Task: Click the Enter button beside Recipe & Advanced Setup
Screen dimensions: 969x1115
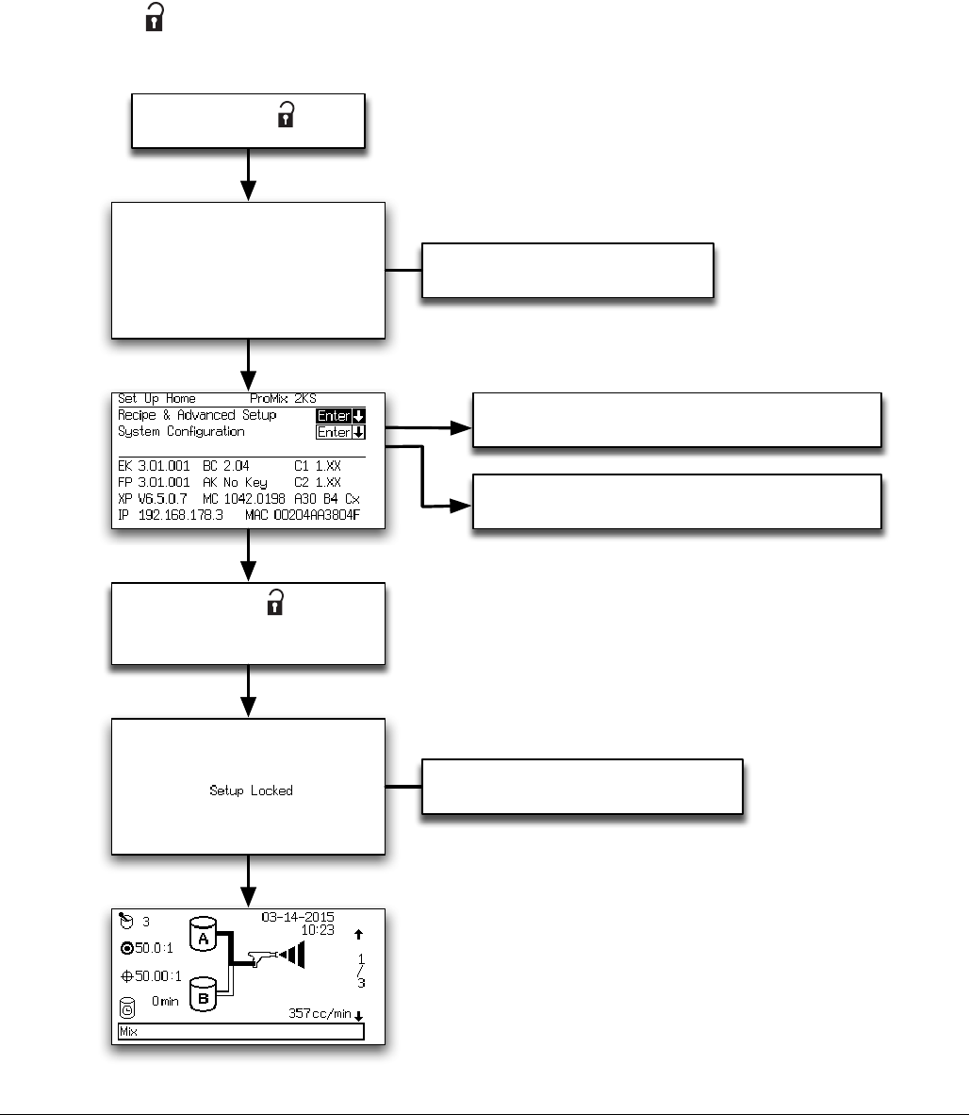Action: click(x=340, y=416)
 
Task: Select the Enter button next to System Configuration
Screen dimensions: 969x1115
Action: click(x=340, y=433)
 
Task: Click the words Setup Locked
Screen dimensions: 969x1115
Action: click(x=251, y=790)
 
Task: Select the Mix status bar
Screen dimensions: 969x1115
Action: click(x=240, y=1032)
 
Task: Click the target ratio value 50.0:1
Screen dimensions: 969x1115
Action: click(x=148, y=948)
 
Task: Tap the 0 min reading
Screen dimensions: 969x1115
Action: click(x=165, y=1001)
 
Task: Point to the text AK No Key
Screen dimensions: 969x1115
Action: click(x=235, y=482)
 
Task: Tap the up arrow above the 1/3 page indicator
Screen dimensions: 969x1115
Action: click(x=358, y=935)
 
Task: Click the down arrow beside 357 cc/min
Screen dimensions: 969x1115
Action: click(x=358, y=1015)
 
